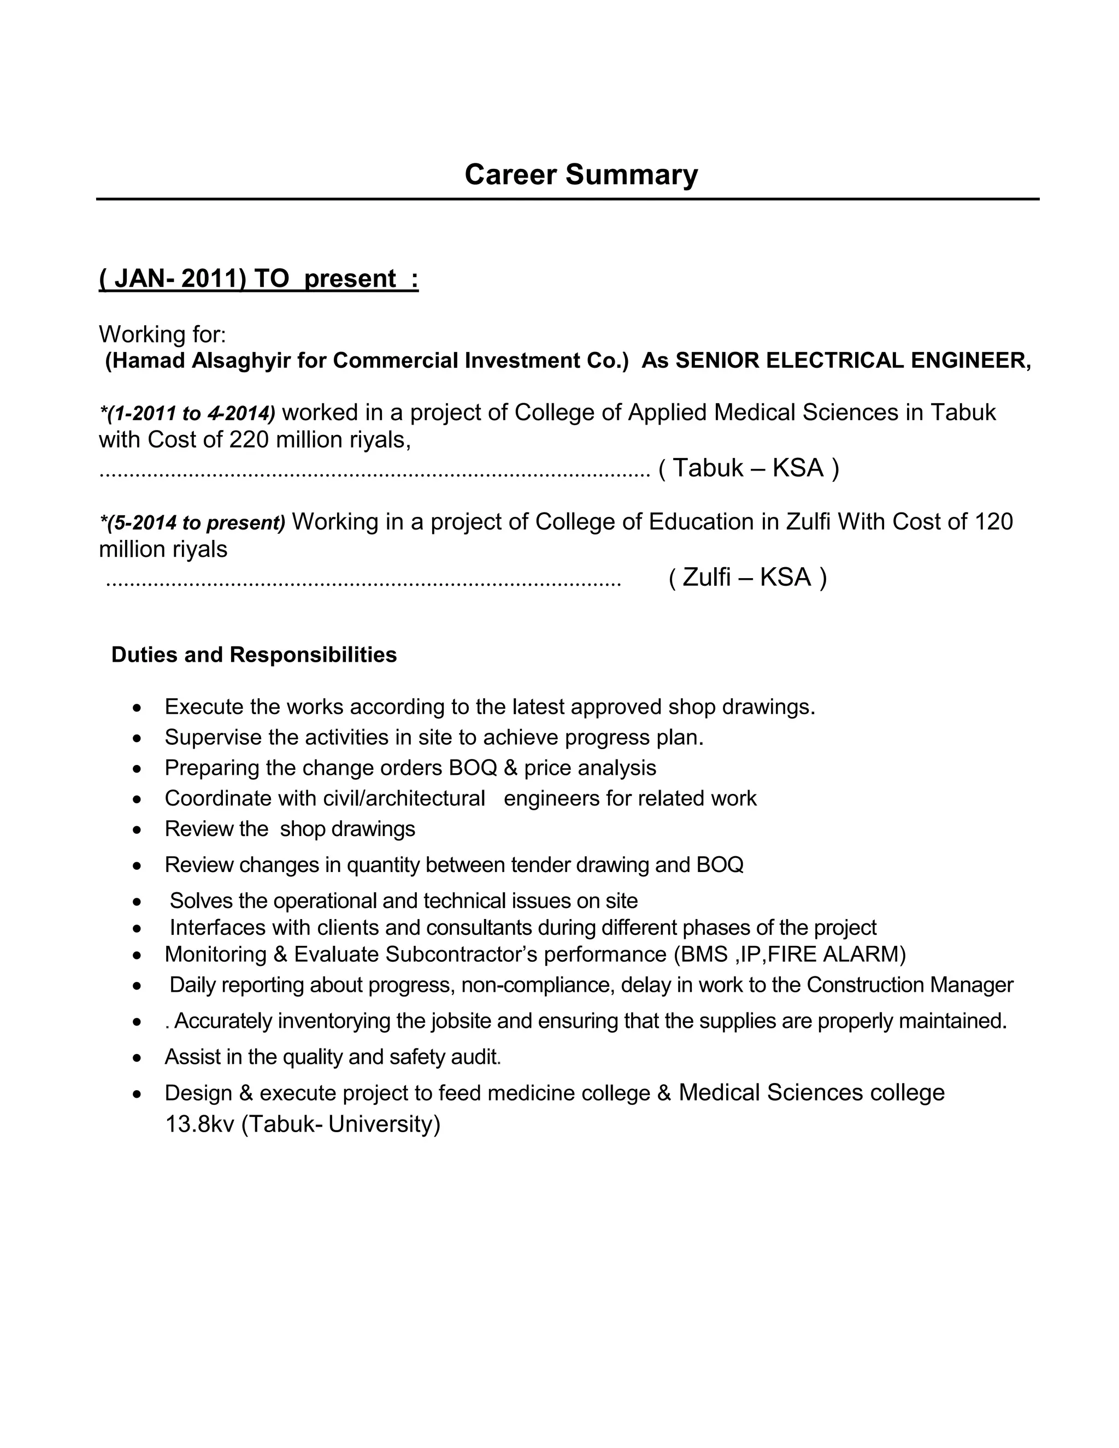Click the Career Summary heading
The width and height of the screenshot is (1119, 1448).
[581, 174]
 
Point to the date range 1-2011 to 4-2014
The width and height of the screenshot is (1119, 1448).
[187, 414]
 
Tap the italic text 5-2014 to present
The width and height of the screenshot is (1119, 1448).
[193, 523]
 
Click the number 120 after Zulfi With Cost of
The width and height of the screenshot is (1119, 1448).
[993, 522]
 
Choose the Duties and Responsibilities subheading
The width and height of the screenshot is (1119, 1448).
[254, 655]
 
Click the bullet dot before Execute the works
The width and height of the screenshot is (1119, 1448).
[137, 708]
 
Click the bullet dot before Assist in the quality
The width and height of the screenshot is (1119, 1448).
[137, 1057]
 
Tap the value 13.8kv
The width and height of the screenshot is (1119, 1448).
[199, 1125]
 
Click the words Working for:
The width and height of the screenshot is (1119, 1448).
[162, 334]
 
